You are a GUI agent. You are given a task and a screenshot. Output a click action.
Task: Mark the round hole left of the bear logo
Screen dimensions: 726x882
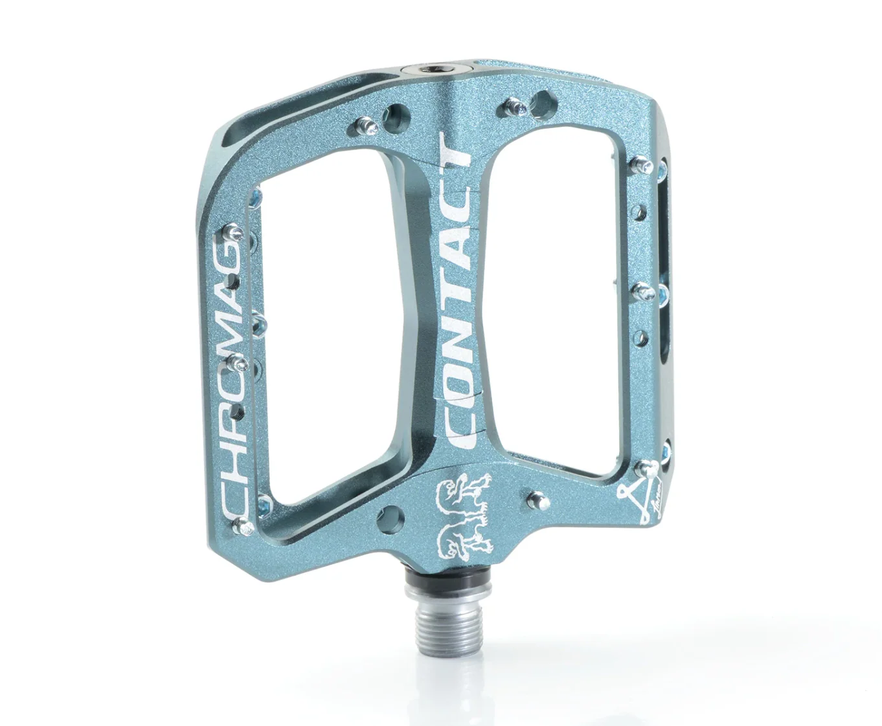tap(393, 518)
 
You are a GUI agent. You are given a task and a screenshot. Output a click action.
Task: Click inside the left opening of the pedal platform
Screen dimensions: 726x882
tap(330, 324)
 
